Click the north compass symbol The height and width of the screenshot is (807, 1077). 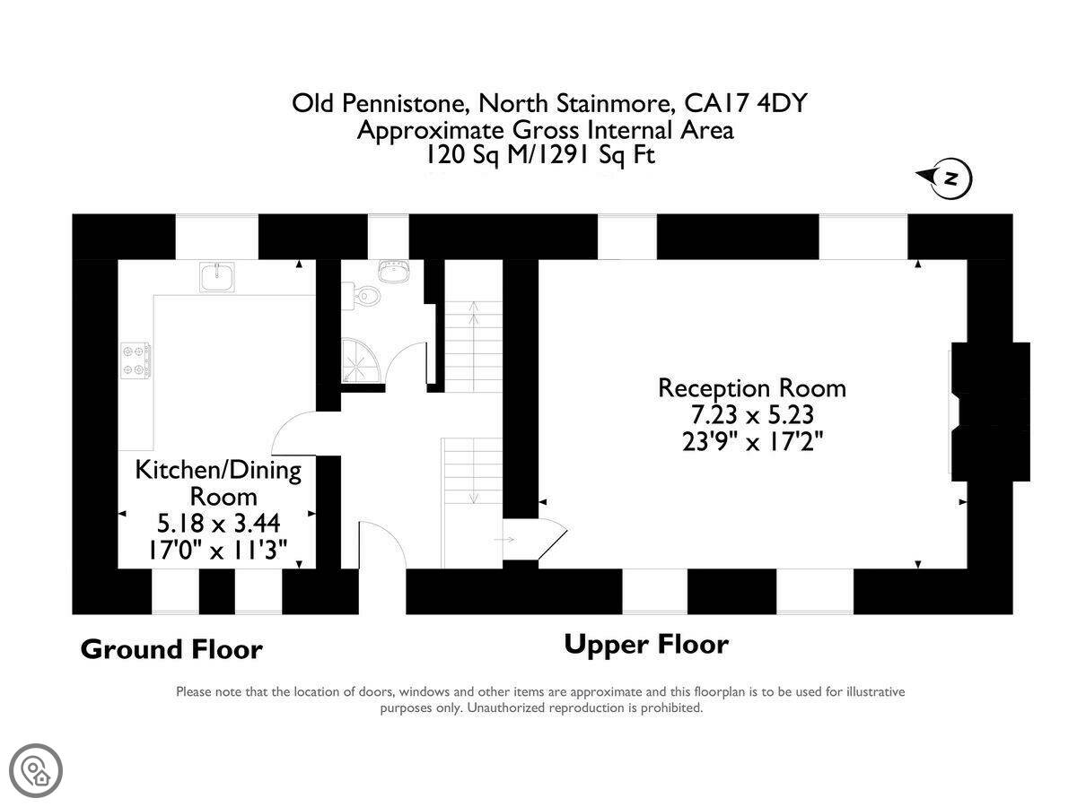tap(949, 178)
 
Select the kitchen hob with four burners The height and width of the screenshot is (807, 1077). tap(136, 360)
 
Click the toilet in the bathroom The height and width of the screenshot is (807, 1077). tap(365, 295)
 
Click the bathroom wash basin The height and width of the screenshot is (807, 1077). tap(392, 270)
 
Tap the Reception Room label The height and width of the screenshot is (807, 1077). tap(751, 388)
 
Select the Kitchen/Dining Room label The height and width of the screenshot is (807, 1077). tap(218, 482)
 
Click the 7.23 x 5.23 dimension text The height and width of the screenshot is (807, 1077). tap(751, 415)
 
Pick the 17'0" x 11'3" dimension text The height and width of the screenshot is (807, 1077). tap(218, 550)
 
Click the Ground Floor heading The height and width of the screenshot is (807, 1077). tap(171, 648)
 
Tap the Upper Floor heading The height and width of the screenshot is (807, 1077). tap(646, 644)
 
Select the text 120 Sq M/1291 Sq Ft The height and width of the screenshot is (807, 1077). tap(540, 155)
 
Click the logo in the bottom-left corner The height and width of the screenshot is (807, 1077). tap(36, 770)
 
